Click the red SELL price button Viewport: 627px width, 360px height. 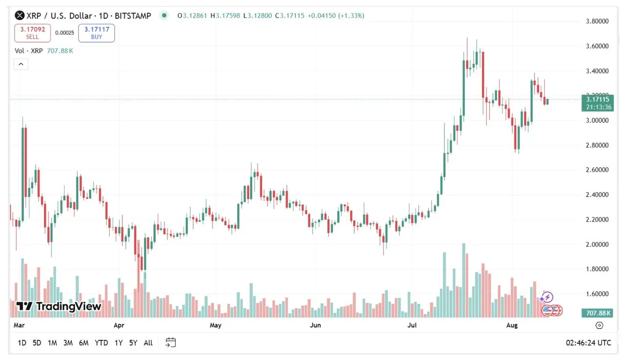tap(32, 33)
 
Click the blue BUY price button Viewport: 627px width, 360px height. tap(96, 33)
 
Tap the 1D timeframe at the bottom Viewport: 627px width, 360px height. tap(22, 343)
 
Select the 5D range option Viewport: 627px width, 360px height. tap(37, 343)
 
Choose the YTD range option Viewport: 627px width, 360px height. tap(101, 343)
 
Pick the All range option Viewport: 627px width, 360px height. tap(148, 343)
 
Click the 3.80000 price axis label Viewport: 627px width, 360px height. tap(597, 22)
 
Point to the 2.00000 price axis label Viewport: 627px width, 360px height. tap(597, 244)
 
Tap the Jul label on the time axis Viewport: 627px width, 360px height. tap(412, 325)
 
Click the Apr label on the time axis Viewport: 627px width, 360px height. tap(119, 325)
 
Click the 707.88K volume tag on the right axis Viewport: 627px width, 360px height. tap(597, 313)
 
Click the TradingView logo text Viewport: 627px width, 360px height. tap(59, 307)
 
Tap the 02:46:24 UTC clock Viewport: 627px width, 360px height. tap(588, 343)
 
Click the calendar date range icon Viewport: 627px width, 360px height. tap(170, 342)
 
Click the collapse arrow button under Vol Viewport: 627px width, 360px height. tap(21, 64)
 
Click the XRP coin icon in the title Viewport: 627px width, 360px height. tap(20, 16)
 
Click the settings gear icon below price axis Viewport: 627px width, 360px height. tap(599, 325)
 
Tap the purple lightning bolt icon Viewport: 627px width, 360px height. tap(548, 297)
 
